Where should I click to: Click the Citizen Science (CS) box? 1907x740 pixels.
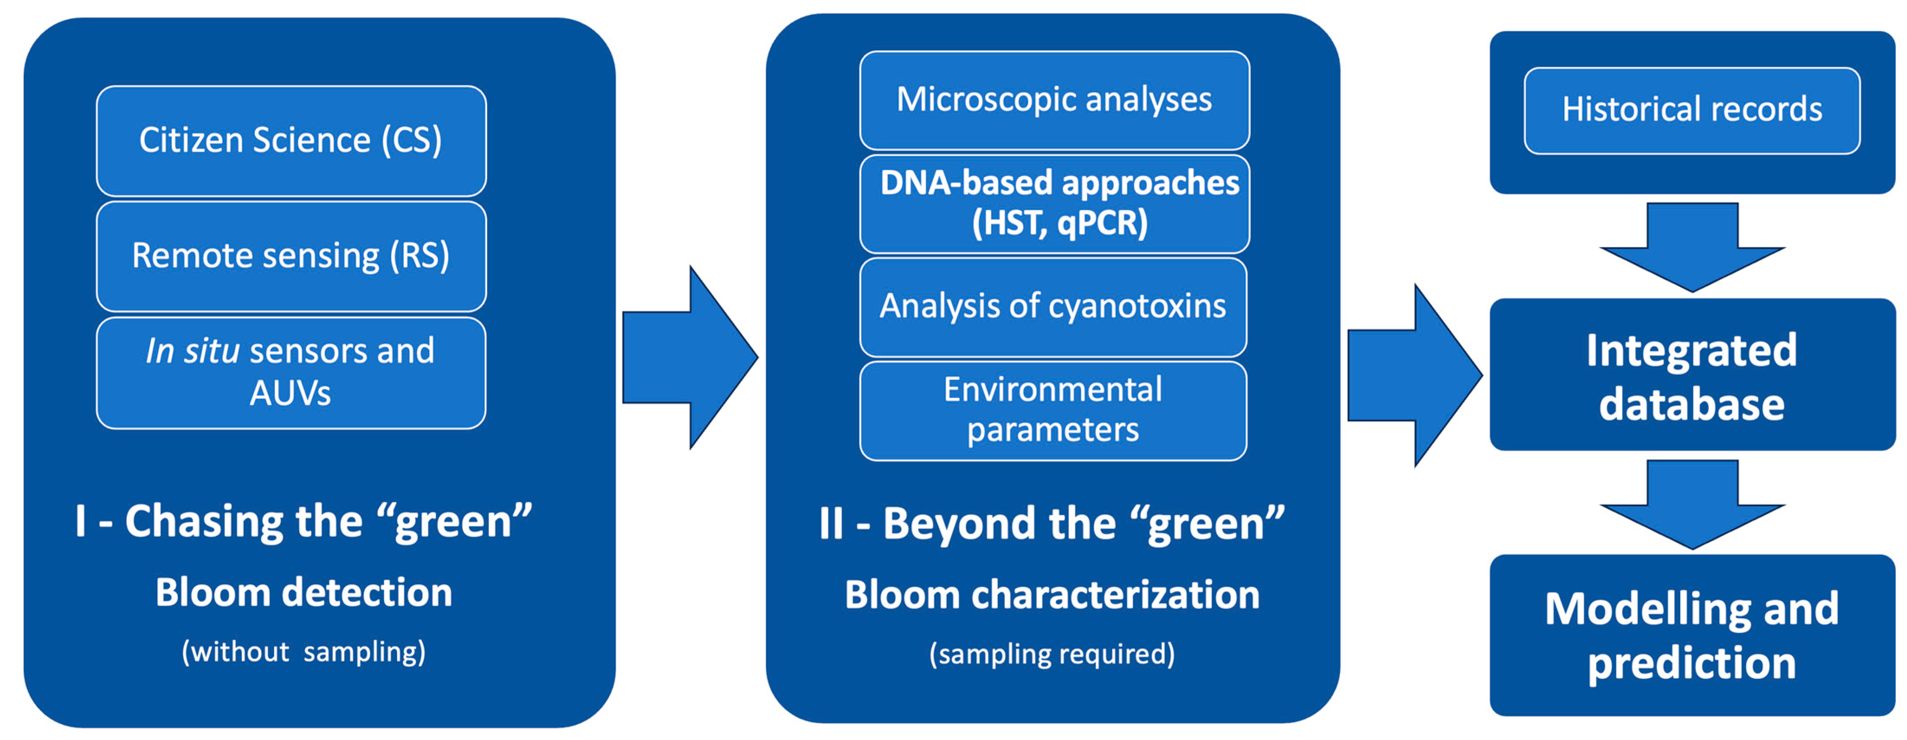pyautogui.click(x=291, y=141)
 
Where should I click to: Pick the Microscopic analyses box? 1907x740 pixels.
pyautogui.click(x=1054, y=100)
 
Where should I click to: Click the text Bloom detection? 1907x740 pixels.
pyautogui.click(x=303, y=593)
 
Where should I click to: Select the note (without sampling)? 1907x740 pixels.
pyautogui.click(x=303, y=652)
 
